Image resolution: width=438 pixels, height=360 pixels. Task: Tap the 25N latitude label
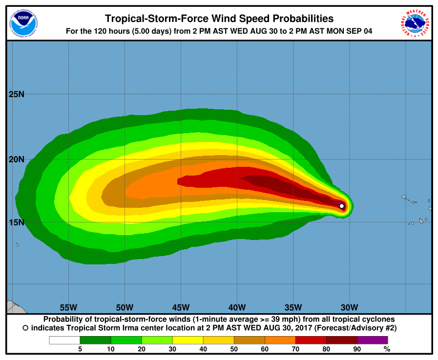[16, 94]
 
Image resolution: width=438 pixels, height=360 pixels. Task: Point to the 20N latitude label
[16, 160]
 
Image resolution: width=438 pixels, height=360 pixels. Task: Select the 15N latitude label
[16, 222]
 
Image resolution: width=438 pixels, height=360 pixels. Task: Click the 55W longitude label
[68, 307]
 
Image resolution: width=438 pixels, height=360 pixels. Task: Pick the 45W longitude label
[181, 307]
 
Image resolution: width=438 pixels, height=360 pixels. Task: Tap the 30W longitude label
[349, 307]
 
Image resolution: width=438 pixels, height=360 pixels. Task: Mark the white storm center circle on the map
[342, 206]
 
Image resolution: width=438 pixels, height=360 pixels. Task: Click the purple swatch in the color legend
[372, 340]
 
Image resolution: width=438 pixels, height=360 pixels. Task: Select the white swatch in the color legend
[64, 340]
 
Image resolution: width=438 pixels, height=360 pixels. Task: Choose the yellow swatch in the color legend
[188, 340]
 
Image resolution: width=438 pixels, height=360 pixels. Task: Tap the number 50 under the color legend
[234, 349]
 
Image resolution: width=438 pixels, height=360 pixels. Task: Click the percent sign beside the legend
[387, 349]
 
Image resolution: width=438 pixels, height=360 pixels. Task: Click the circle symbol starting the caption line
[25, 329]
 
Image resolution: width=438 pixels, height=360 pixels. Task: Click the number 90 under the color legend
[357, 349]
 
